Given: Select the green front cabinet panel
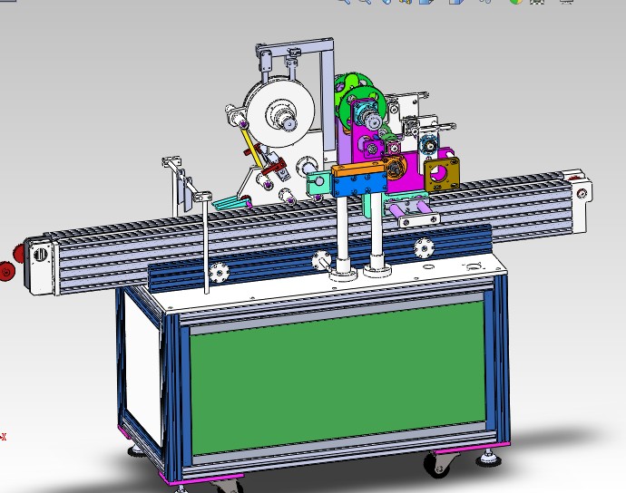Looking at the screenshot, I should click(x=336, y=376).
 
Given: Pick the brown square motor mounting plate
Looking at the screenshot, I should click(x=442, y=172).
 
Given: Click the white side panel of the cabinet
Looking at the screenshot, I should click(x=143, y=372).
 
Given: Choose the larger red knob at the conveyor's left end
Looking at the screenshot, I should click(x=8, y=270).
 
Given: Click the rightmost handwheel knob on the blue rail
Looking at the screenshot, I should click(x=423, y=246).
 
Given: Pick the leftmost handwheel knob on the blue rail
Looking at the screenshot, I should click(x=218, y=272).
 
